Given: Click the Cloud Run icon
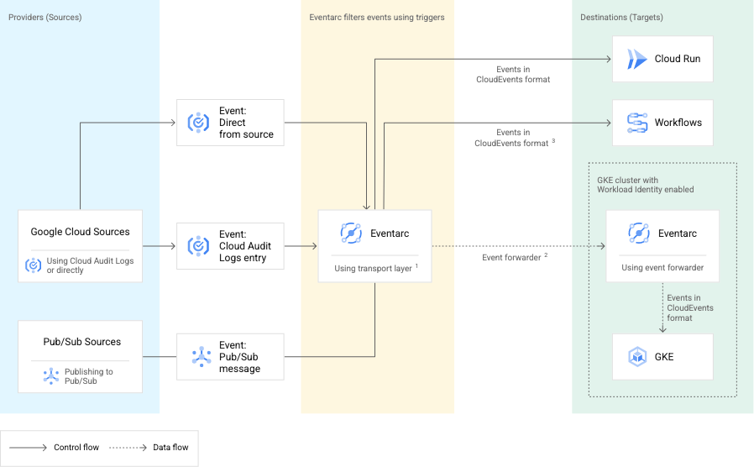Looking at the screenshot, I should (x=637, y=59).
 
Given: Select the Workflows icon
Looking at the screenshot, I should (x=637, y=123).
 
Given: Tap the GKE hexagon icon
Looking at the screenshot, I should (x=637, y=357).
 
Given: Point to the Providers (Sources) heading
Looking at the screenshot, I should (x=45, y=18).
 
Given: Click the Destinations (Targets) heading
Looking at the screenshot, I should (x=622, y=18).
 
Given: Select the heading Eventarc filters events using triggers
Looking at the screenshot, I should (x=377, y=18).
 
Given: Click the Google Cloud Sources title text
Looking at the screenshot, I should (x=80, y=232).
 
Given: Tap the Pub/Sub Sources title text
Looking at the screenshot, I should (x=81, y=342).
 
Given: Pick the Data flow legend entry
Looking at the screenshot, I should (x=170, y=448).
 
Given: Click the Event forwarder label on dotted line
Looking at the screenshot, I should (x=511, y=258).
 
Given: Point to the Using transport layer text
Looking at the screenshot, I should (x=373, y=269).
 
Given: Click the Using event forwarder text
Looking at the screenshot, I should (x=662, y=269).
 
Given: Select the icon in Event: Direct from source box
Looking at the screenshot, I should (x=198, y=123).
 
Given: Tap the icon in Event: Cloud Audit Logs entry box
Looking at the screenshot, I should (x=198, y=246).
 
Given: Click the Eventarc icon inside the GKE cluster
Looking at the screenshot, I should (x=638, y=233).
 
